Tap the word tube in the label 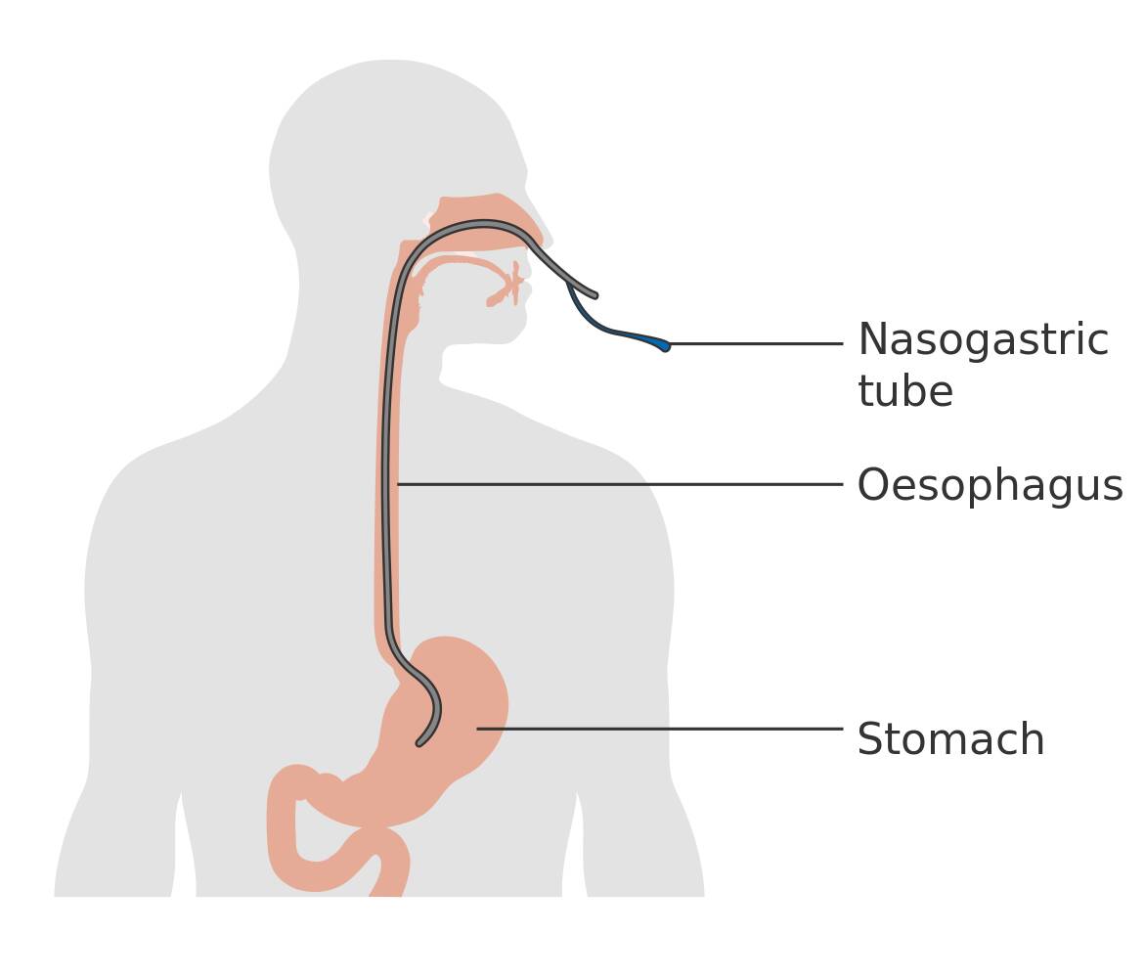pos(905,391)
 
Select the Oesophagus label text pos(990,486)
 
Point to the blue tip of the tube pos(663,345)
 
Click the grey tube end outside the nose pos(594,294)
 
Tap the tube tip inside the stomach pos(419,743)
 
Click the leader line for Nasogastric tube pos(757,343)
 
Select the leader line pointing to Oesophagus pos(620,484)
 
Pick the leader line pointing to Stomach pos(660,729)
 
